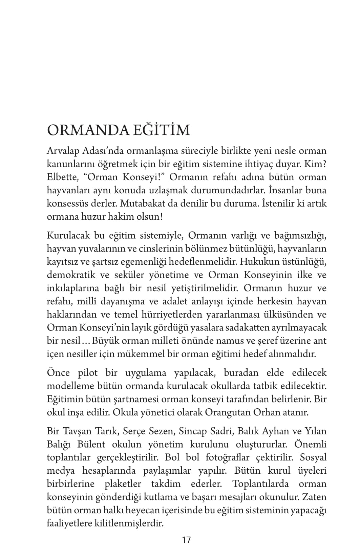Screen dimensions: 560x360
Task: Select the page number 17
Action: tap(187, 540)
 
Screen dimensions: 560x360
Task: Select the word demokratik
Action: tap(72, 275)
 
